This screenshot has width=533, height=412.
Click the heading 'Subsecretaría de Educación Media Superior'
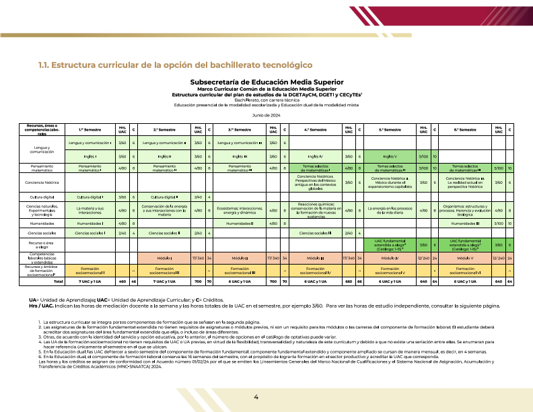point(266,81)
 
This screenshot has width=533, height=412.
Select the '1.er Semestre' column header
point(90,129)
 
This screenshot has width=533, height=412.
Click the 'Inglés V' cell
point(390,156)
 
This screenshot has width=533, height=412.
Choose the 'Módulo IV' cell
point(390,258)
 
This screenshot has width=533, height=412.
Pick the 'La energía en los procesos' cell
point(390,210)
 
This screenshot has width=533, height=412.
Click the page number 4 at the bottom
point(256,397)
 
